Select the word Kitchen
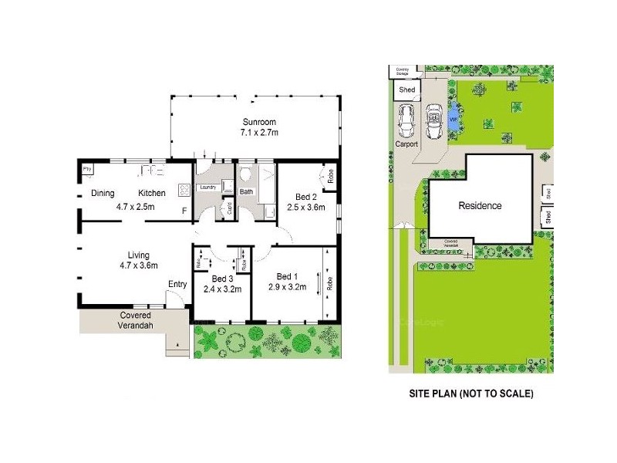[x=152, y=193]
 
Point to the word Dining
[x=103, y=193]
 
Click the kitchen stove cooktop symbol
[x=185, y=189]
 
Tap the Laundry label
[x=207, y=188]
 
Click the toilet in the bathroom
[x=245, y=174]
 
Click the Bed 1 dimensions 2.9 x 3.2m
[x=287, y=288]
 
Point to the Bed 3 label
[x=222, y=279]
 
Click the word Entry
[x=177, y=284]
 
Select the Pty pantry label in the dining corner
[x=87, y=167]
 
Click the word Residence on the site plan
[x=480, y=206]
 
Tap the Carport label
[x=406, y=144]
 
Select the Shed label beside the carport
[x=407, y=90]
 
